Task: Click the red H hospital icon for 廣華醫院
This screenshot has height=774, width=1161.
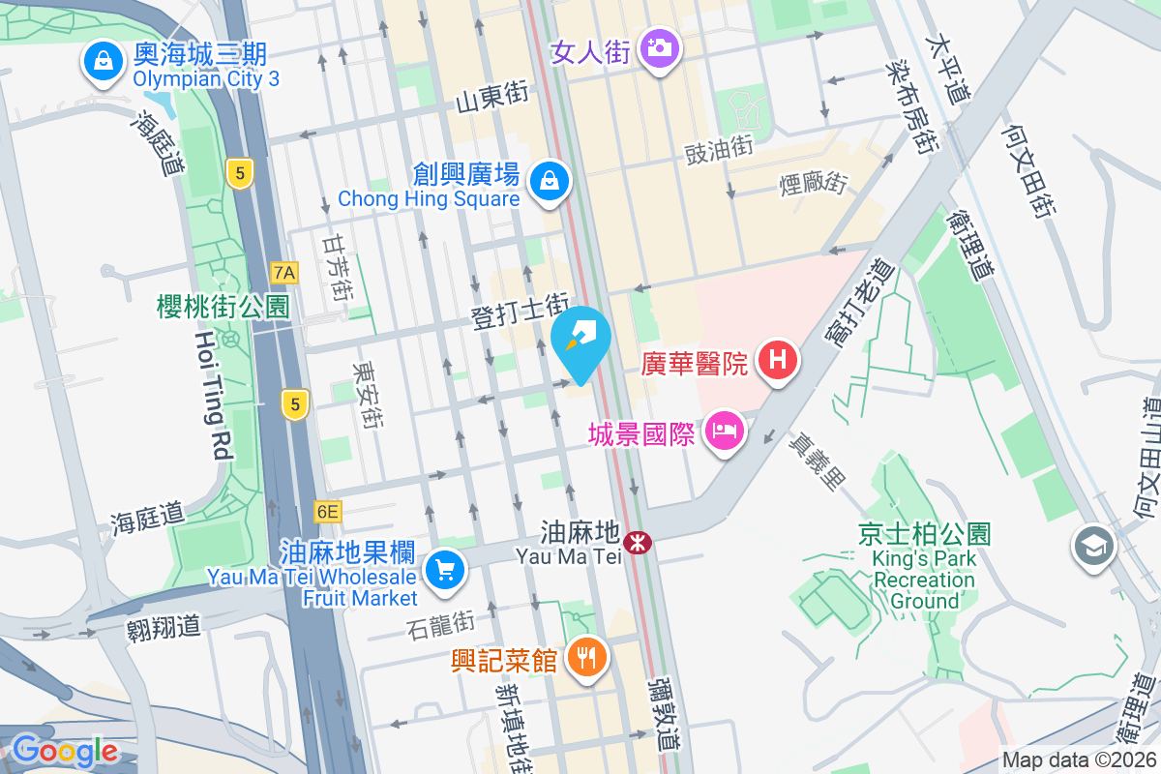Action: pos(778,362)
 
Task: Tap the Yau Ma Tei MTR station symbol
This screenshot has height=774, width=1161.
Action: pos(638,543)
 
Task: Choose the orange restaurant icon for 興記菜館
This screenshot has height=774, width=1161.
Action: pos(585,659)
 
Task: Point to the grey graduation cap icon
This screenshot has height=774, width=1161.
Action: pos(1094,548)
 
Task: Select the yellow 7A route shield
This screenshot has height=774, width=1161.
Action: pos(284,273)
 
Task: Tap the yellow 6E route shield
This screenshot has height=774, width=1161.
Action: pos(328,511)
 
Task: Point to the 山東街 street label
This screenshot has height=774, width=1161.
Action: pos(492,94)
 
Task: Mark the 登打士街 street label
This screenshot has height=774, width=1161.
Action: pos(519,313)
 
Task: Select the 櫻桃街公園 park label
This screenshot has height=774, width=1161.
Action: pos(223,308)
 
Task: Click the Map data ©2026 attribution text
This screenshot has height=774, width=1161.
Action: pos(1078,760)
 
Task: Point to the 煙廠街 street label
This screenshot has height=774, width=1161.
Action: pos(814,182)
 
